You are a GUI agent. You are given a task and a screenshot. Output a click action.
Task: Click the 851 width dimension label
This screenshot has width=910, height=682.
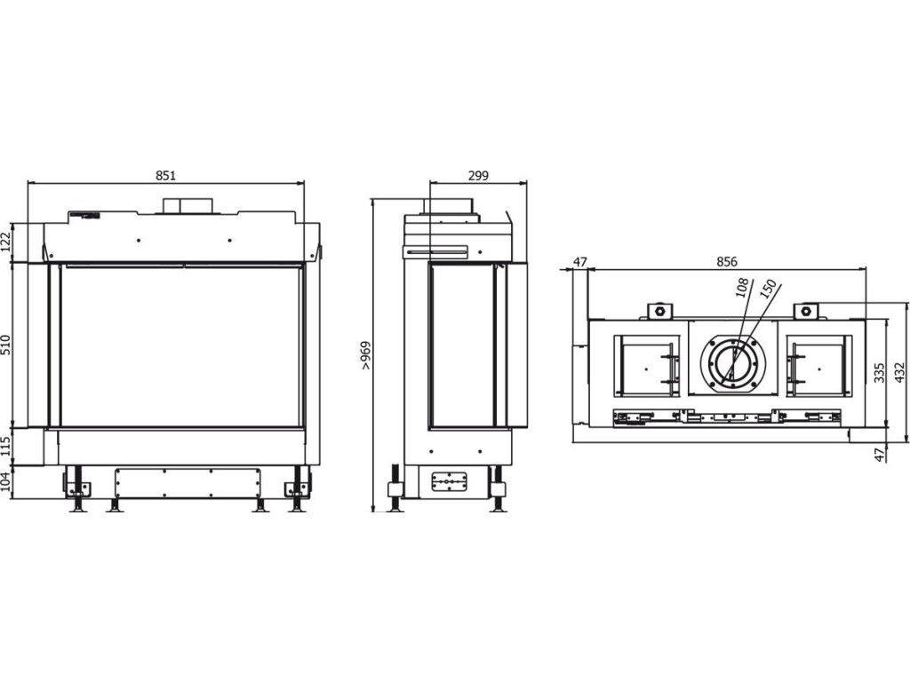pos(165,176)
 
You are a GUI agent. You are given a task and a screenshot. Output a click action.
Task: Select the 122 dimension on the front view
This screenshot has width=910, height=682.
pos(5,242)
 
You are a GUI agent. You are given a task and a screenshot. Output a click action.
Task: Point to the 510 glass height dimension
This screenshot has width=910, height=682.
pos(5,345)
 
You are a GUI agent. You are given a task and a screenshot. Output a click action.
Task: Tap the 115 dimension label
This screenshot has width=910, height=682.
pos(5,447)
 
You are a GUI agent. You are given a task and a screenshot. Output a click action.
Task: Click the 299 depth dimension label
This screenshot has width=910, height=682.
pos(477,176)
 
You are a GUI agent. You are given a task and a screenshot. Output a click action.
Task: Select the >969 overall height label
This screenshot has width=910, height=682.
pos(365,355)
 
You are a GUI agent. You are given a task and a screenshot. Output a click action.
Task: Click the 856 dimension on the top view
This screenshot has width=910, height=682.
pos(727,262)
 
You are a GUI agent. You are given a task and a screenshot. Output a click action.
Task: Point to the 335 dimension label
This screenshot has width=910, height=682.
pos(879,372)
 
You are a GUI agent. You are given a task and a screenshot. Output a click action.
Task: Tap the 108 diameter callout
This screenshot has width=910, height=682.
pos(742,290)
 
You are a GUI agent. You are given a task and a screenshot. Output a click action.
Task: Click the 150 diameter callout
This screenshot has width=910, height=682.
pos(768,291)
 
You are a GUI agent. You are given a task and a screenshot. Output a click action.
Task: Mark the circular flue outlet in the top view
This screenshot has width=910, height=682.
pos(733,363)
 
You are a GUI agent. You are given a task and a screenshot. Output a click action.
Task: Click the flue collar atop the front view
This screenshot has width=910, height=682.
pos(187,205)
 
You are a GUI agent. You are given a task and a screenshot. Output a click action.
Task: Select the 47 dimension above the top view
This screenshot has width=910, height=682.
pos(580,262)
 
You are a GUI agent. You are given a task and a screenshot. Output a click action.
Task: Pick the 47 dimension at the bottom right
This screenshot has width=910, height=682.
pos(879,455)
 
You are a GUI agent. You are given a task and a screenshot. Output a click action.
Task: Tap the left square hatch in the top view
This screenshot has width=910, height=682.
pos(649,365)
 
